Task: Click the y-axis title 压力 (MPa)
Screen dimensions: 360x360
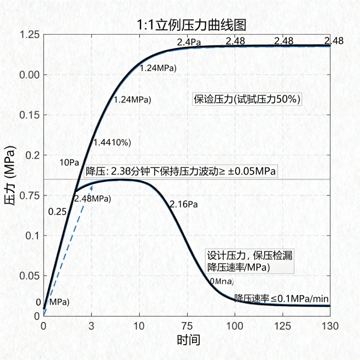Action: tap(10, 176)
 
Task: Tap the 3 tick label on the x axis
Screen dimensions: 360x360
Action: tap(91, 324)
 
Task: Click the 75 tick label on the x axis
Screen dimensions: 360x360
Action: tap(187, 324)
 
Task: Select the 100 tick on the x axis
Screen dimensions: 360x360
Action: tap(235, 324)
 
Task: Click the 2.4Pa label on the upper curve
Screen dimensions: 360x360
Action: tap(188, 42)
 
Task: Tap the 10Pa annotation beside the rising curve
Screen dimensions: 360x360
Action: tap(69, 162)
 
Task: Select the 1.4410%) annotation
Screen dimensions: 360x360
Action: tap(112, 143)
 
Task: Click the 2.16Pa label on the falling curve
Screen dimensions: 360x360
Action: tap(183, 204)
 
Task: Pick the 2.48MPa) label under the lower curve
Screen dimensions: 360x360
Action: tap(92, 198)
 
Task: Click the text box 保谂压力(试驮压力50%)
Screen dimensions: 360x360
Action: tap(246, 99)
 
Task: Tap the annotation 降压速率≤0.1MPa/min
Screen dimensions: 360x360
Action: tap(281, 298)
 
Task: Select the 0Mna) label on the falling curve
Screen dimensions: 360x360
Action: tap(221, 281)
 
